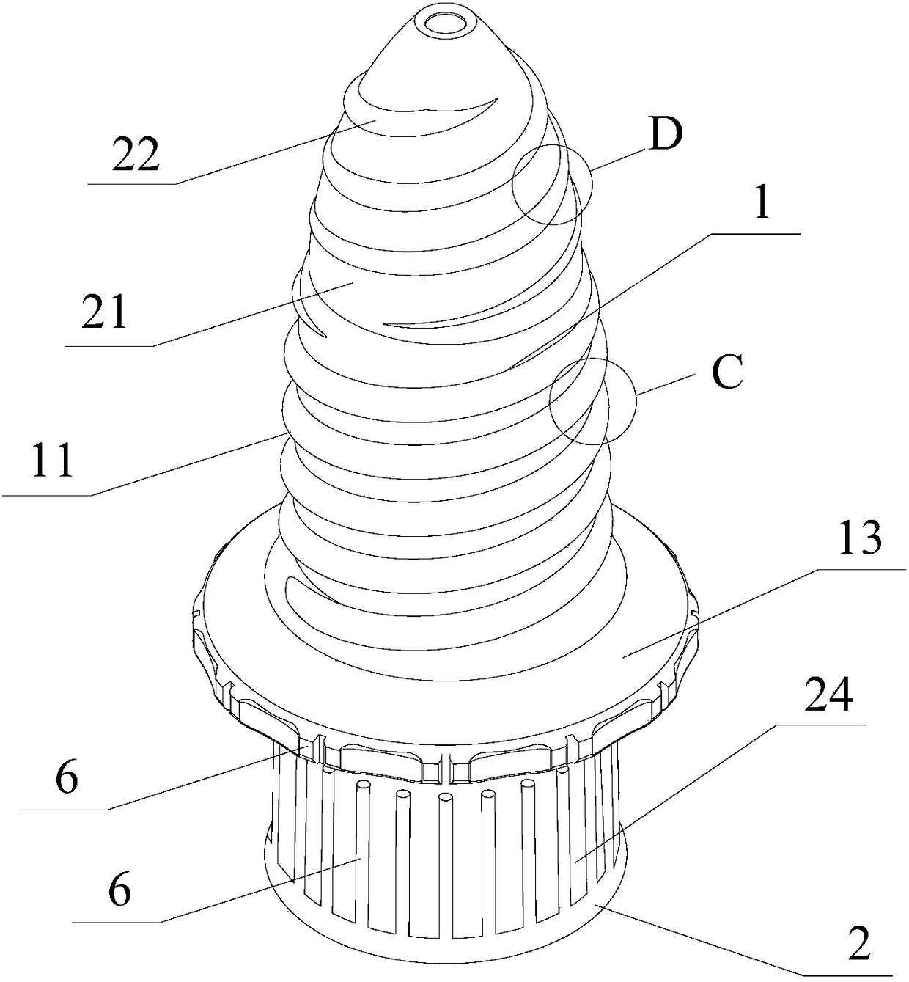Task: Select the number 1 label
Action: [x=762, y=204]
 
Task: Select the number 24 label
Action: [x=828, y=696]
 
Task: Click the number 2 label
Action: [x=858, y=943]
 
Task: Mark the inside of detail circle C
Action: [x=579, y=400]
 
